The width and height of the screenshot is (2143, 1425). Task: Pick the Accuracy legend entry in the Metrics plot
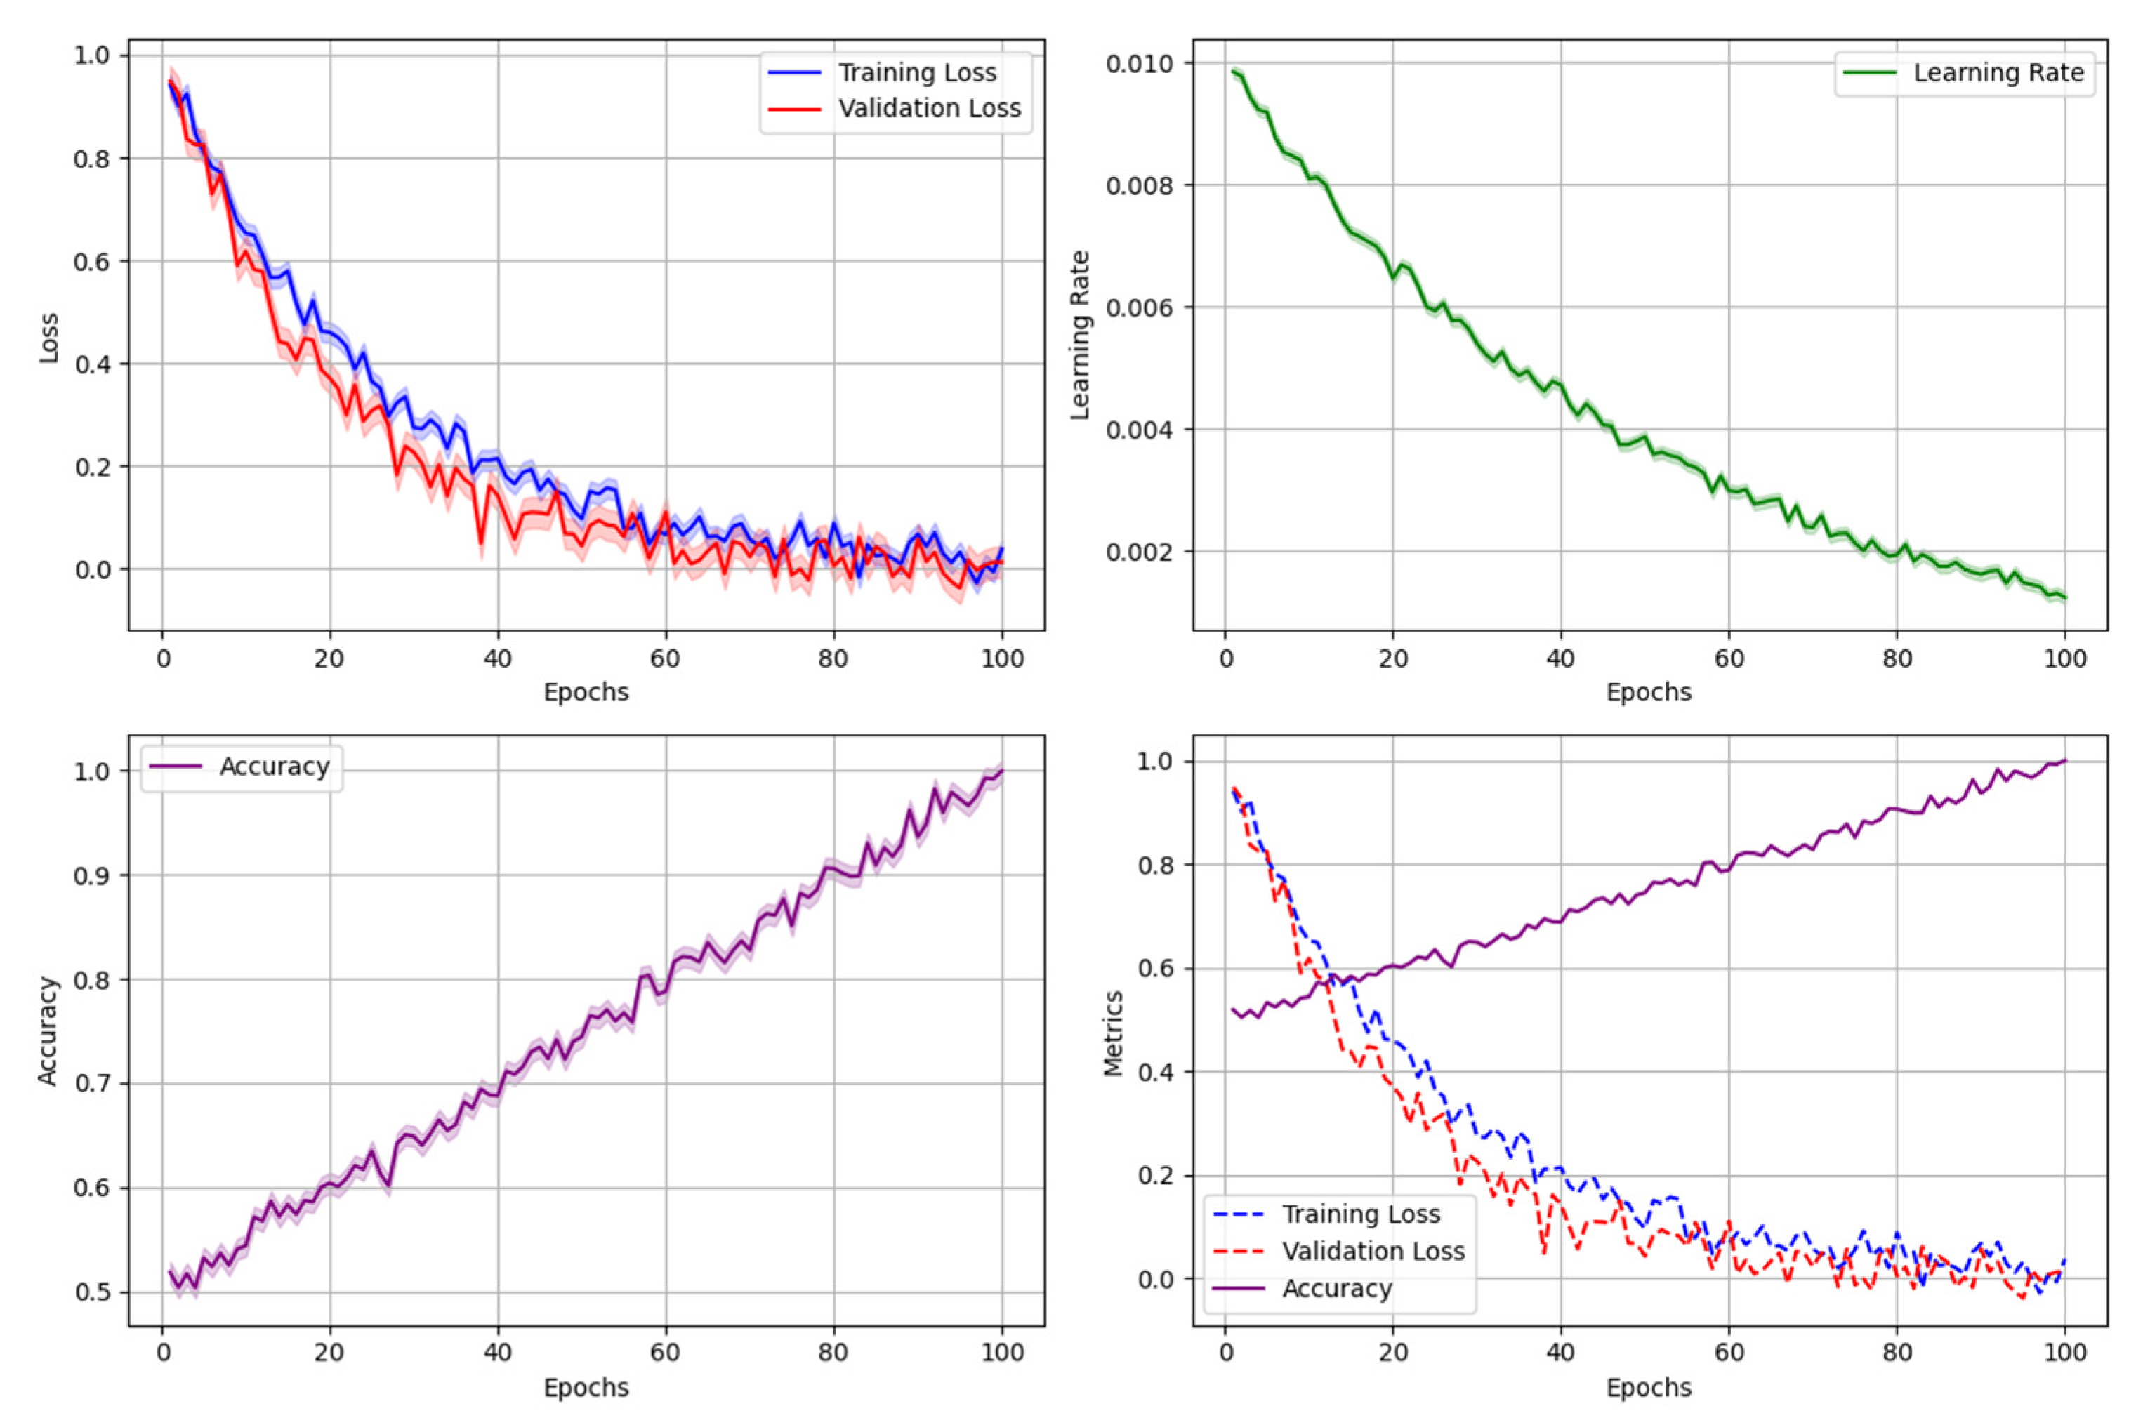click(x=1336, y=1289)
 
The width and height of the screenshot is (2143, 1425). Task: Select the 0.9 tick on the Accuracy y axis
click(x=90, y=875)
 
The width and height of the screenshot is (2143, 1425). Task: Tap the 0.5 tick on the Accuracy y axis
click(x=90, y=1292)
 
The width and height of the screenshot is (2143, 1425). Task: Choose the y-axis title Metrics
click(x=1114, y=1034)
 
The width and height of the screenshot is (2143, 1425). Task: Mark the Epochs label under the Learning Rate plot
click(x=1649, y=693)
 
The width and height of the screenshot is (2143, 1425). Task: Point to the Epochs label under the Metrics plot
click(x=1649, y=1388)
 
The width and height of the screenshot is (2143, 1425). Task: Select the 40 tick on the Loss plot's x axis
click(x=497, y=659)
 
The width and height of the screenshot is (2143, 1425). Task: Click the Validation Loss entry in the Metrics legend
click(x=1372, y=1252)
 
